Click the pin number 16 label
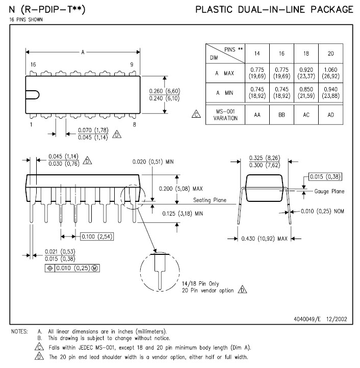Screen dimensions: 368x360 33,65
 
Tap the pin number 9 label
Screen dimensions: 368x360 132,65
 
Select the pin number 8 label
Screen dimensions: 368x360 134,124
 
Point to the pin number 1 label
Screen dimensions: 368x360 31,124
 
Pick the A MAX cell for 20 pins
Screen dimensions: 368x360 331,73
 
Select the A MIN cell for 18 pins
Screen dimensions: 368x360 306,93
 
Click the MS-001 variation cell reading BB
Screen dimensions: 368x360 282,115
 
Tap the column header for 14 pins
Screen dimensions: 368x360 257,53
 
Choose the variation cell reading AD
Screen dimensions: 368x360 331,115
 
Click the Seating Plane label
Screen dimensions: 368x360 210,200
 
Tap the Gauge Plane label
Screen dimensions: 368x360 329,192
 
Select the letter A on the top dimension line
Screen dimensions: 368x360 83,51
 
